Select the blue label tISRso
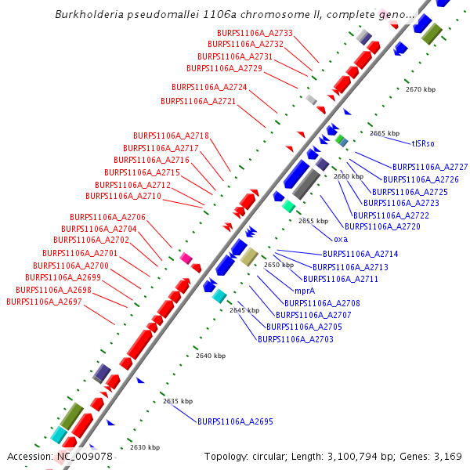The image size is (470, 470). [x=423, y=143]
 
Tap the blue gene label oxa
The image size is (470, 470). [x=341, y=239]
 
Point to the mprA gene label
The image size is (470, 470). [x=305, y=291]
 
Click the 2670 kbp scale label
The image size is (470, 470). [x=420, y=89]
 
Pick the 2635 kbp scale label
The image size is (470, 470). [x=178, y=401]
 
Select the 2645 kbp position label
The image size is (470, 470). [x=244, y=310]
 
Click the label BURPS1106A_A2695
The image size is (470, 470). [x=235, y=421]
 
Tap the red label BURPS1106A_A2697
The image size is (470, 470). [x=44, y=302]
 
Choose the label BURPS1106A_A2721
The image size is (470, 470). [x=198, y=101]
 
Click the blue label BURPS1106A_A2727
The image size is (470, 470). [x=430, y=167]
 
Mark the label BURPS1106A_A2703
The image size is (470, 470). [x=296, y=339]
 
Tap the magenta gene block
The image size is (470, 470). [x=186, y=258]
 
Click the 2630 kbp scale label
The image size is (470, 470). [x=145, y=447]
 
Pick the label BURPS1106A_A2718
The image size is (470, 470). [x=171, y=136]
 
